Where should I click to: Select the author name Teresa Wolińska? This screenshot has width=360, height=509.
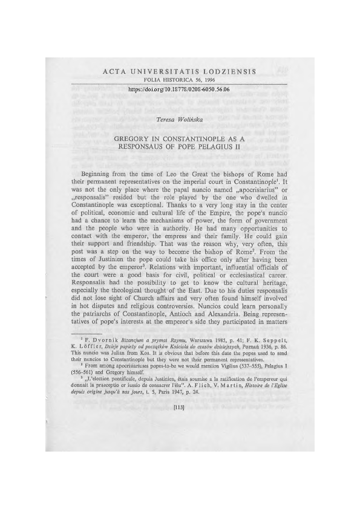coord(180,120)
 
